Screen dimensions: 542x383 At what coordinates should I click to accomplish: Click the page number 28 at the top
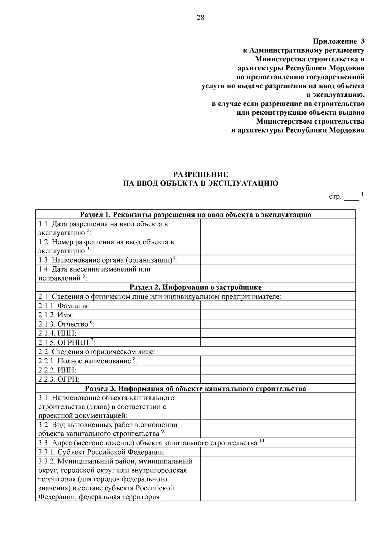200,18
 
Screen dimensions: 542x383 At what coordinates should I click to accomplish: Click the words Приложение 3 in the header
338,42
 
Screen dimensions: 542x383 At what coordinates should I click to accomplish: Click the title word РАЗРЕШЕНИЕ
200,174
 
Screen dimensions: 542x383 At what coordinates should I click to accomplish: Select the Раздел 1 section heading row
195,215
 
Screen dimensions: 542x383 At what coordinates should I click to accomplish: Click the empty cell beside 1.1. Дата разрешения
278,228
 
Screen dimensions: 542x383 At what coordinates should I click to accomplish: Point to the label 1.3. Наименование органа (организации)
108,260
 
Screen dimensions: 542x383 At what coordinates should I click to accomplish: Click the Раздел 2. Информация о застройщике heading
195,287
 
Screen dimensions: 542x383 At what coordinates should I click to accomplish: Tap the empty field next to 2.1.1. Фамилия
278,306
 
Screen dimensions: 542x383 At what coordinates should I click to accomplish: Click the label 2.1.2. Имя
56,315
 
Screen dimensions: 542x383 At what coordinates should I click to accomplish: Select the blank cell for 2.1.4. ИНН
278,333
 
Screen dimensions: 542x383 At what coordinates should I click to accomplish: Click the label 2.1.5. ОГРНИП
66,343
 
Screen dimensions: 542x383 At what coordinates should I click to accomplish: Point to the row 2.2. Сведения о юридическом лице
97,352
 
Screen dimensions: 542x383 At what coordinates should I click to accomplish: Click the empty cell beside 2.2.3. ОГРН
278,379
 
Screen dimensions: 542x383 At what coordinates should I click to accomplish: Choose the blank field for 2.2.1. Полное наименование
278,361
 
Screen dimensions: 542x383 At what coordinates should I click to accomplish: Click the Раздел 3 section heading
195,389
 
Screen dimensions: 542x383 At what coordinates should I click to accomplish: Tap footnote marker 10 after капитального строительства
262,441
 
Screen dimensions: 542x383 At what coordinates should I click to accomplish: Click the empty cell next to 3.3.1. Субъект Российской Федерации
278,452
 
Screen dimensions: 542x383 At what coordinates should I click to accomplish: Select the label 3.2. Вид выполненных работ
108,429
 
